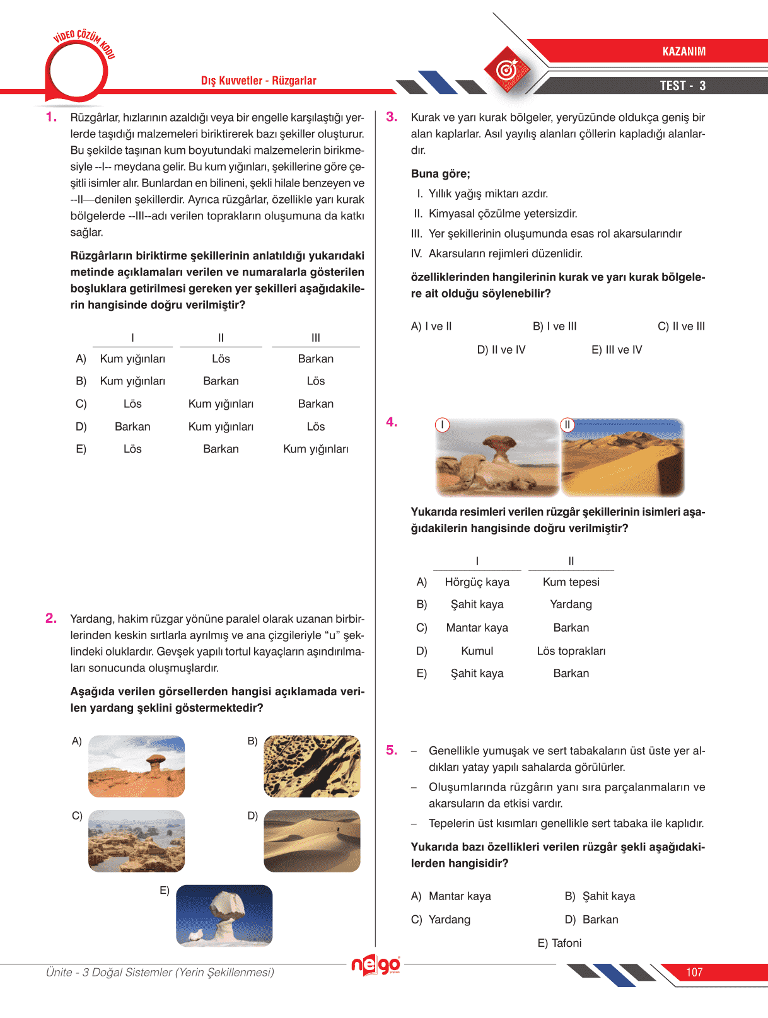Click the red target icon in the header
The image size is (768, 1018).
point(506,70)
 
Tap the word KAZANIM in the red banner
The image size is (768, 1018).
point(684,52)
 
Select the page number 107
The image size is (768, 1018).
point(694,972)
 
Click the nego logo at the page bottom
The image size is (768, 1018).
point(376,964)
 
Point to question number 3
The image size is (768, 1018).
point(392,117)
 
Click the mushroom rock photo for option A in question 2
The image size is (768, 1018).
point(137,766)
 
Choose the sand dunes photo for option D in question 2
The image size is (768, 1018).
point(312,841)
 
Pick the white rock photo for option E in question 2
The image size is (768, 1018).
point(224,915)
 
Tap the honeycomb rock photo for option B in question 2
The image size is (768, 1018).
point(312,766)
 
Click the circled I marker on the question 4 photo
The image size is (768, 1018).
point(443,425)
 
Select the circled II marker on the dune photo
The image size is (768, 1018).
point(567,425)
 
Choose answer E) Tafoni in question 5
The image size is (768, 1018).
point(559,943)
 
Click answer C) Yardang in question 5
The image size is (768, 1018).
point(441,919)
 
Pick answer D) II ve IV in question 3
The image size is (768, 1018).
point(501,350)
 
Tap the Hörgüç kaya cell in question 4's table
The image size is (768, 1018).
point(477,582)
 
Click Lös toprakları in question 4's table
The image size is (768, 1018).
point(571,651)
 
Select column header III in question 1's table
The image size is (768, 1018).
point(316,338)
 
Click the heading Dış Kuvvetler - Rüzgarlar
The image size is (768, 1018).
point(259,81)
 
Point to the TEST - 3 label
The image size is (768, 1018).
point(682,86)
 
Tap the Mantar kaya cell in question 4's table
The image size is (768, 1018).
point(477,627)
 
